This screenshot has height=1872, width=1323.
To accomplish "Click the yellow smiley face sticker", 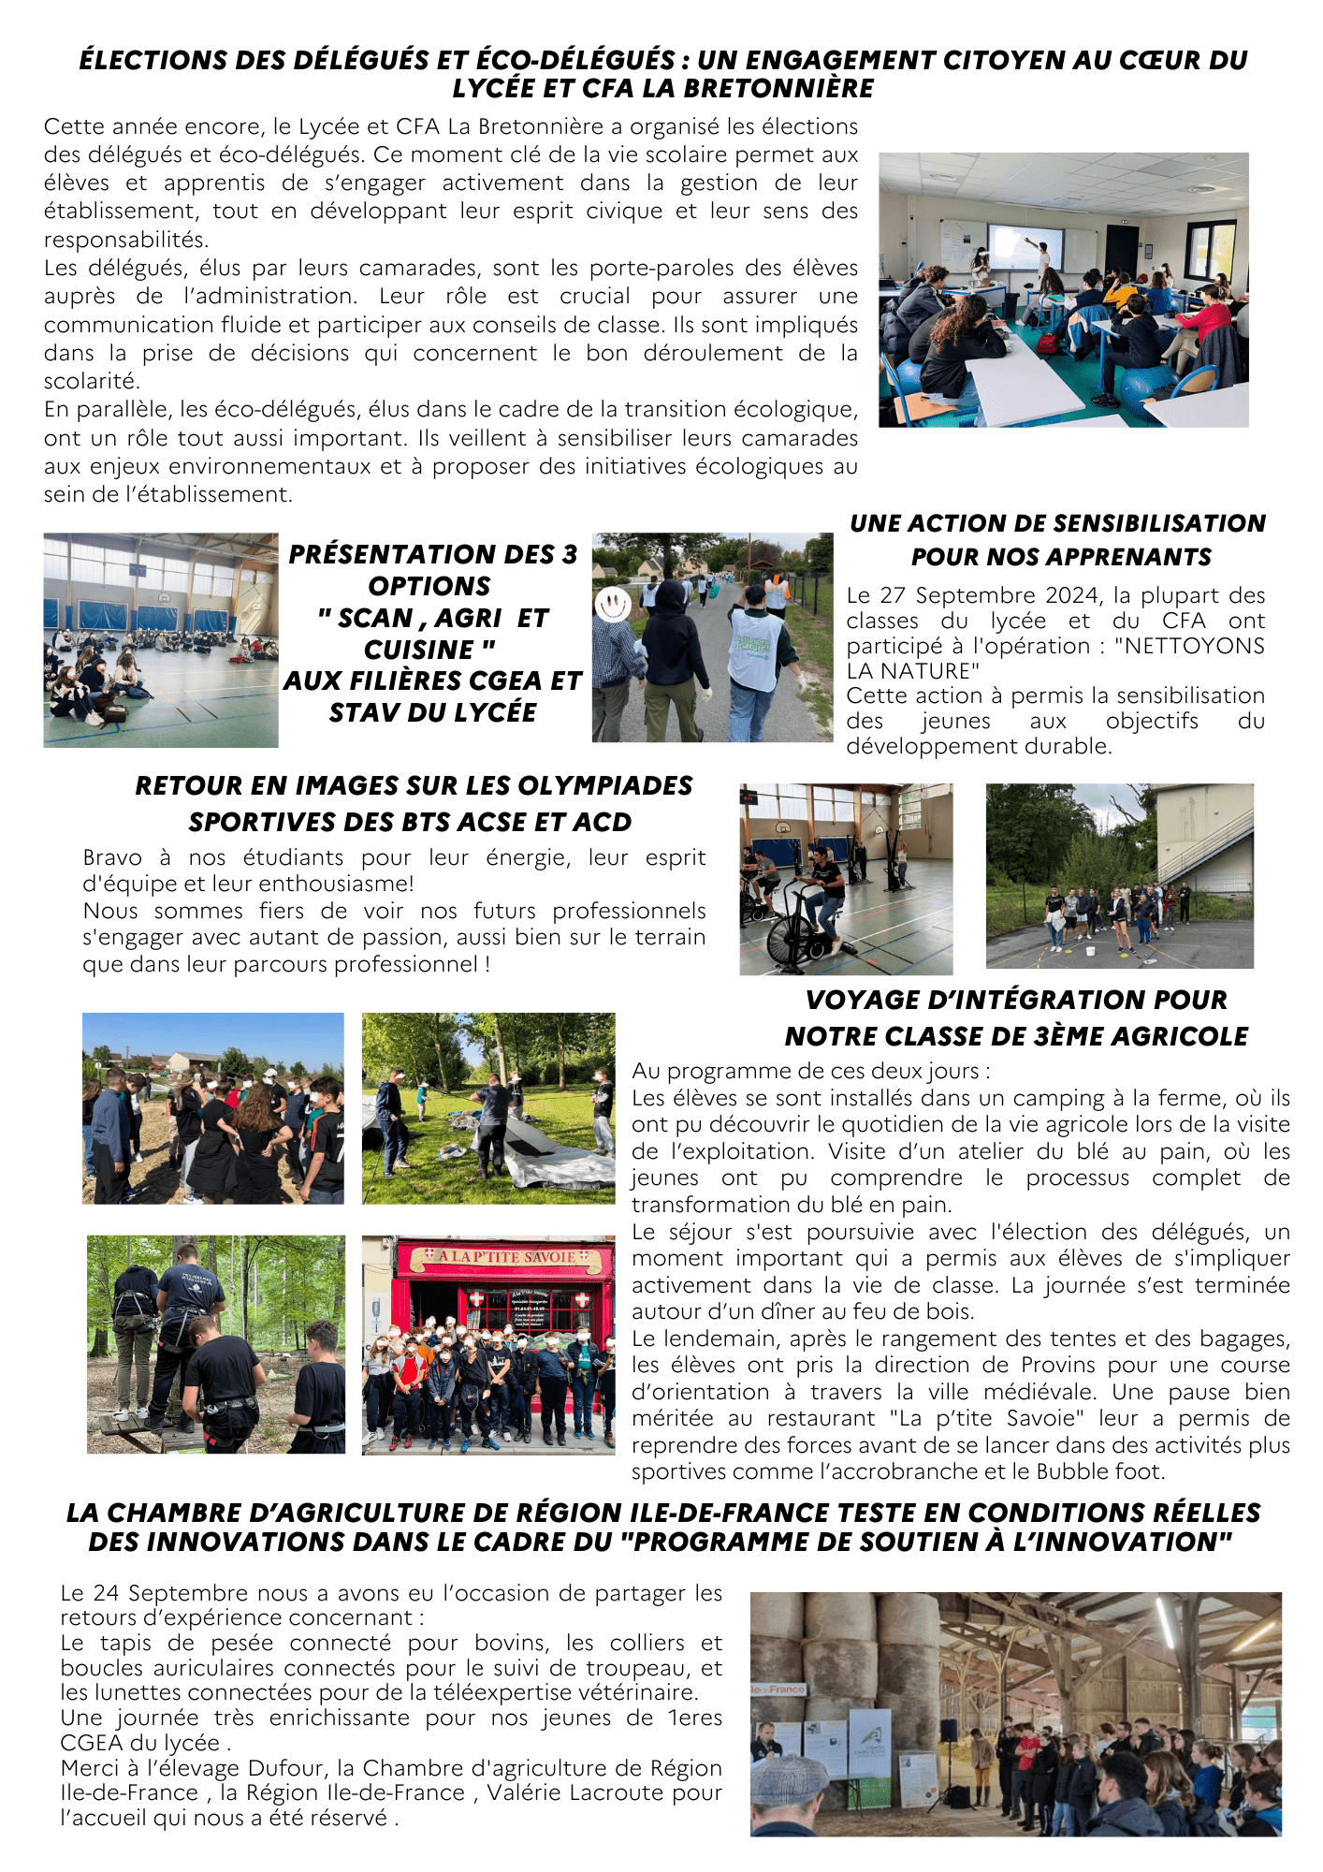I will (x=613, y=604).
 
